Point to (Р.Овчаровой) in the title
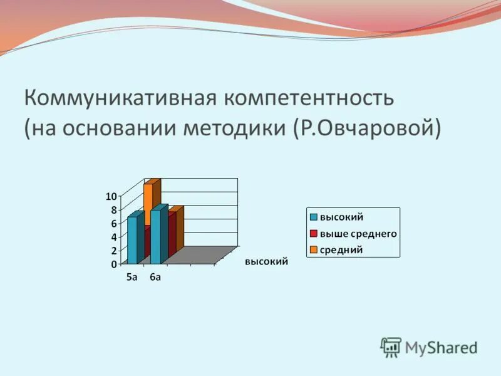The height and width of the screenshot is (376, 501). [366, 128]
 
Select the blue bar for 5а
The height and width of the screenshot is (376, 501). [132, 240]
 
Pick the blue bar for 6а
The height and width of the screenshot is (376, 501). [155, 236]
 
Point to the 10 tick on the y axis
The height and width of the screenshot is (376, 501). [111, 196]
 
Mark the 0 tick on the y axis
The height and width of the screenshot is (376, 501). [113, 264]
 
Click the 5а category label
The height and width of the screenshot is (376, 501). [132, 278]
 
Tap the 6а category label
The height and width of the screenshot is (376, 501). [155, 278]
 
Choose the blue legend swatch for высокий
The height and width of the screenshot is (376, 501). [313, 217]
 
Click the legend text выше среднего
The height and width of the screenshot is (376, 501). [359, 233]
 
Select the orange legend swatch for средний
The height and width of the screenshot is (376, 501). [313, 249]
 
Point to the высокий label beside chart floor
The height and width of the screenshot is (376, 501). [266, 262]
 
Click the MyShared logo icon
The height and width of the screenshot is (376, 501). [391, 347]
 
